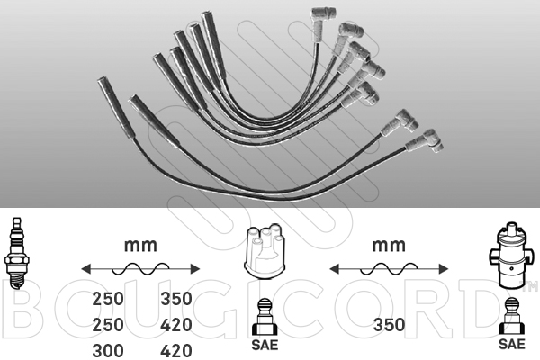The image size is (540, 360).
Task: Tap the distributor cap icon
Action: point(264,252)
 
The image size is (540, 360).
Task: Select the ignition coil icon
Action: point(511,256)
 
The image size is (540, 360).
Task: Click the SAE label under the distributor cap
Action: point(265,344)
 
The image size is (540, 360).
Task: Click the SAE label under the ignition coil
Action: point(512,344)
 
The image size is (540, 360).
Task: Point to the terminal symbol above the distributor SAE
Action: point(264,317)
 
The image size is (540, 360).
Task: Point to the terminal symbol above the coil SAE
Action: point(512,316)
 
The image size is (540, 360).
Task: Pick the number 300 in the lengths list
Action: point(108,351)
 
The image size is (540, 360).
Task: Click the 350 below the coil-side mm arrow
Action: point(389,325)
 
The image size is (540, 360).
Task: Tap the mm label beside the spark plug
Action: point(140,246)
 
